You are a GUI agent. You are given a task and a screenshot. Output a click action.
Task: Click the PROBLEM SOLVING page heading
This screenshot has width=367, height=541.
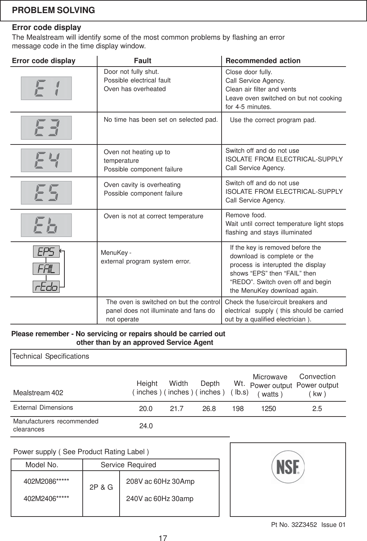tap(53, 10)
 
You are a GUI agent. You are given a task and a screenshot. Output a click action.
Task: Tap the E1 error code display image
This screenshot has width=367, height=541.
tap(46, 88)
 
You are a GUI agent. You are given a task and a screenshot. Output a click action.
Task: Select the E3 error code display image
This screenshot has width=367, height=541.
tap(46, 128)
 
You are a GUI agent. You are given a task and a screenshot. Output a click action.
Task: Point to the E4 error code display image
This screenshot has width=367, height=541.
tap(46, 160)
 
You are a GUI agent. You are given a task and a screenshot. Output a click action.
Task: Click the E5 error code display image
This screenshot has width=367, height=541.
tap(46, 193)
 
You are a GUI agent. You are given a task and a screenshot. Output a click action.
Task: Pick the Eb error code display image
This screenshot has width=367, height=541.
tap(46, 225)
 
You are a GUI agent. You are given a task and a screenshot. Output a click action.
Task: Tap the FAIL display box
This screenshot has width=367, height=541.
tap(46, 269)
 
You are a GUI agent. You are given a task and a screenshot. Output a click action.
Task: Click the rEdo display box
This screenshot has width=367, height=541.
tap(46, 287)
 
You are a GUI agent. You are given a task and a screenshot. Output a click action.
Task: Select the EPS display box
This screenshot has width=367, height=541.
tap(46, 252)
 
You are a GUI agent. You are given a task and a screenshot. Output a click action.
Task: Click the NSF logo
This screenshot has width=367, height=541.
tap(288, 467)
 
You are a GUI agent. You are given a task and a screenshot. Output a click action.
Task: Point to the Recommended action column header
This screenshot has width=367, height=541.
tap(263, 61)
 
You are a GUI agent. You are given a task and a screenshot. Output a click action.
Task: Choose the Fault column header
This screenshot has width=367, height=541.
tap(143, 61)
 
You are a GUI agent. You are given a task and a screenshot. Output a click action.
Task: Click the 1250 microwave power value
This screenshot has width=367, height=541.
tap(268, 409)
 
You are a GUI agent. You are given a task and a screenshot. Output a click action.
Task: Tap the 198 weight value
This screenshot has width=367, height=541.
tap(238, 409)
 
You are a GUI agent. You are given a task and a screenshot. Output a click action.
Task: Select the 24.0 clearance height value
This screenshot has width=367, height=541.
tap(146, 426)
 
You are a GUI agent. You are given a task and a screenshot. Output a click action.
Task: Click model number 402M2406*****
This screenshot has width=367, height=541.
tap(46, 499)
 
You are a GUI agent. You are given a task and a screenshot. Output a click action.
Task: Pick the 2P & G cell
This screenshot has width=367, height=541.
tap(101, 487)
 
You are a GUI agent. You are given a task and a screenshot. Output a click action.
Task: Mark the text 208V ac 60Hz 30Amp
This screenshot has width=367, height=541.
tap(160, 481)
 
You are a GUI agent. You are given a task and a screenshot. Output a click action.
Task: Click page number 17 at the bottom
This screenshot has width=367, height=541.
tap(163, 538)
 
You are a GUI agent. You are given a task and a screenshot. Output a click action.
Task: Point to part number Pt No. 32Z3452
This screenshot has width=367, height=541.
tap(294, 525)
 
